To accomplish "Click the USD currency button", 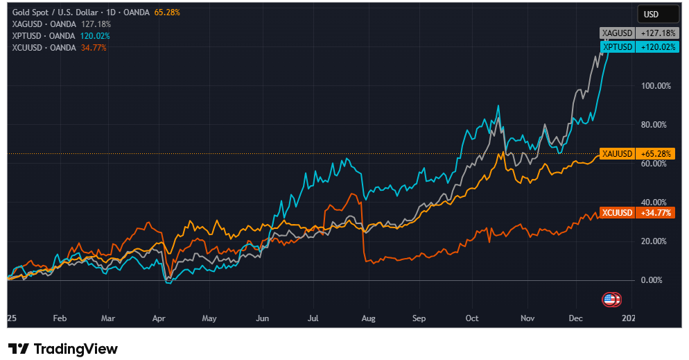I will tap(658, 14).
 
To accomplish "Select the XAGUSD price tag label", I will tap(616, 33).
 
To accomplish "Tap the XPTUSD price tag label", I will tap(616, 46).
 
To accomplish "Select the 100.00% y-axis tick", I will tap(654, 86).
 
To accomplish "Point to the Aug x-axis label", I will tap(368, 318).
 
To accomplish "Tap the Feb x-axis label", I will tap(60, 318).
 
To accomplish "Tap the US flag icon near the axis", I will tap(609, 300).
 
